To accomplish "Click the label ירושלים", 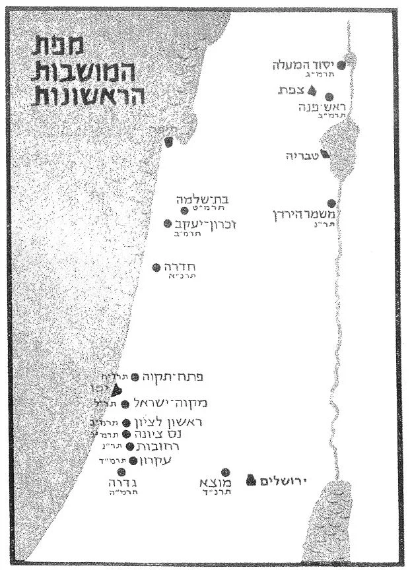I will (286, 482).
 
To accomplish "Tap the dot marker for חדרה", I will (156, 267).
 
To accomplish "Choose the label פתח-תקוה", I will (172, 377).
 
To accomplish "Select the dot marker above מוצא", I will (225, 472).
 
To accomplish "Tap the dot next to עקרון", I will (133, 461).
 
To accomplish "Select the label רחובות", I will (157, 447).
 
